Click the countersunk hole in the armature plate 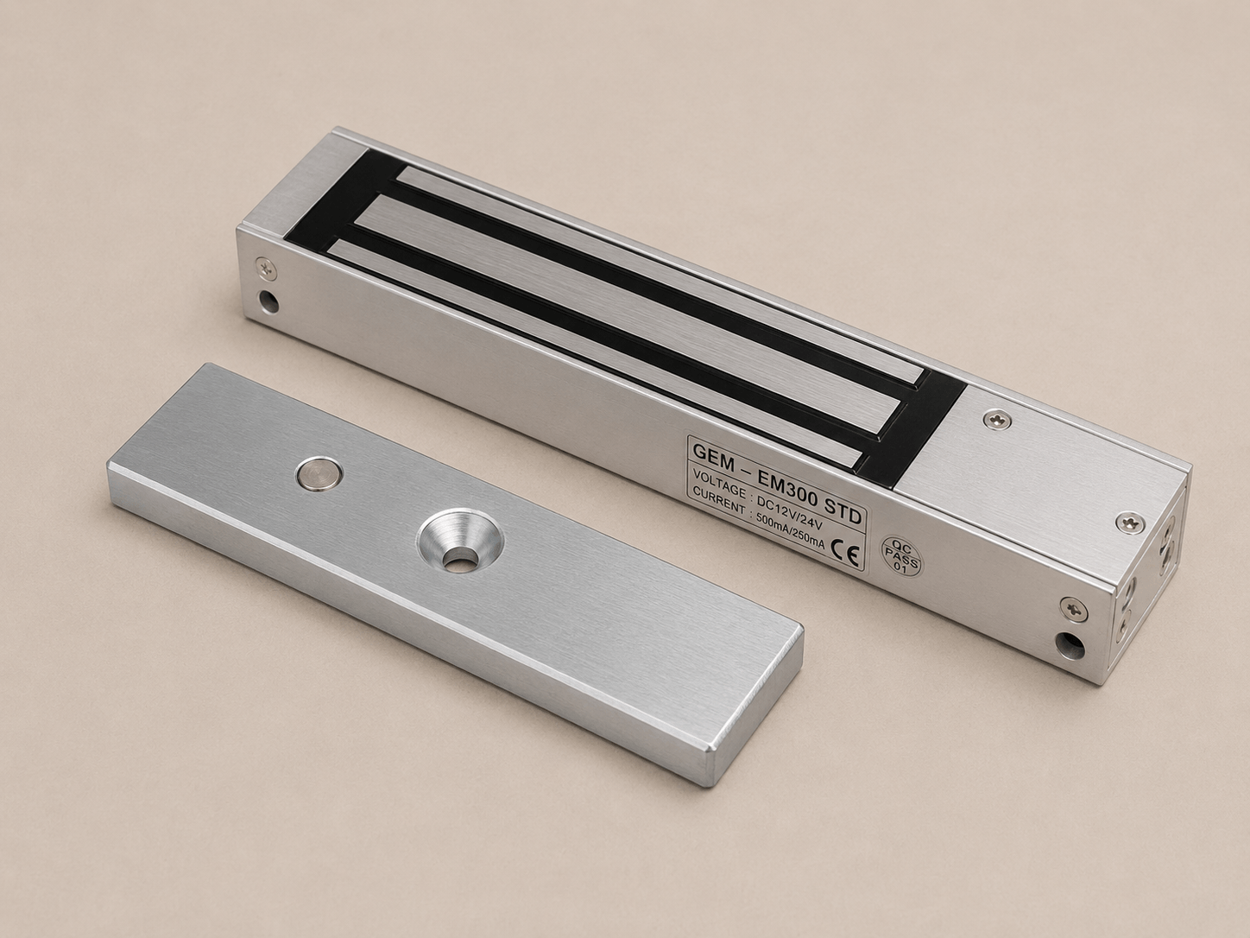point(459,540)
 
